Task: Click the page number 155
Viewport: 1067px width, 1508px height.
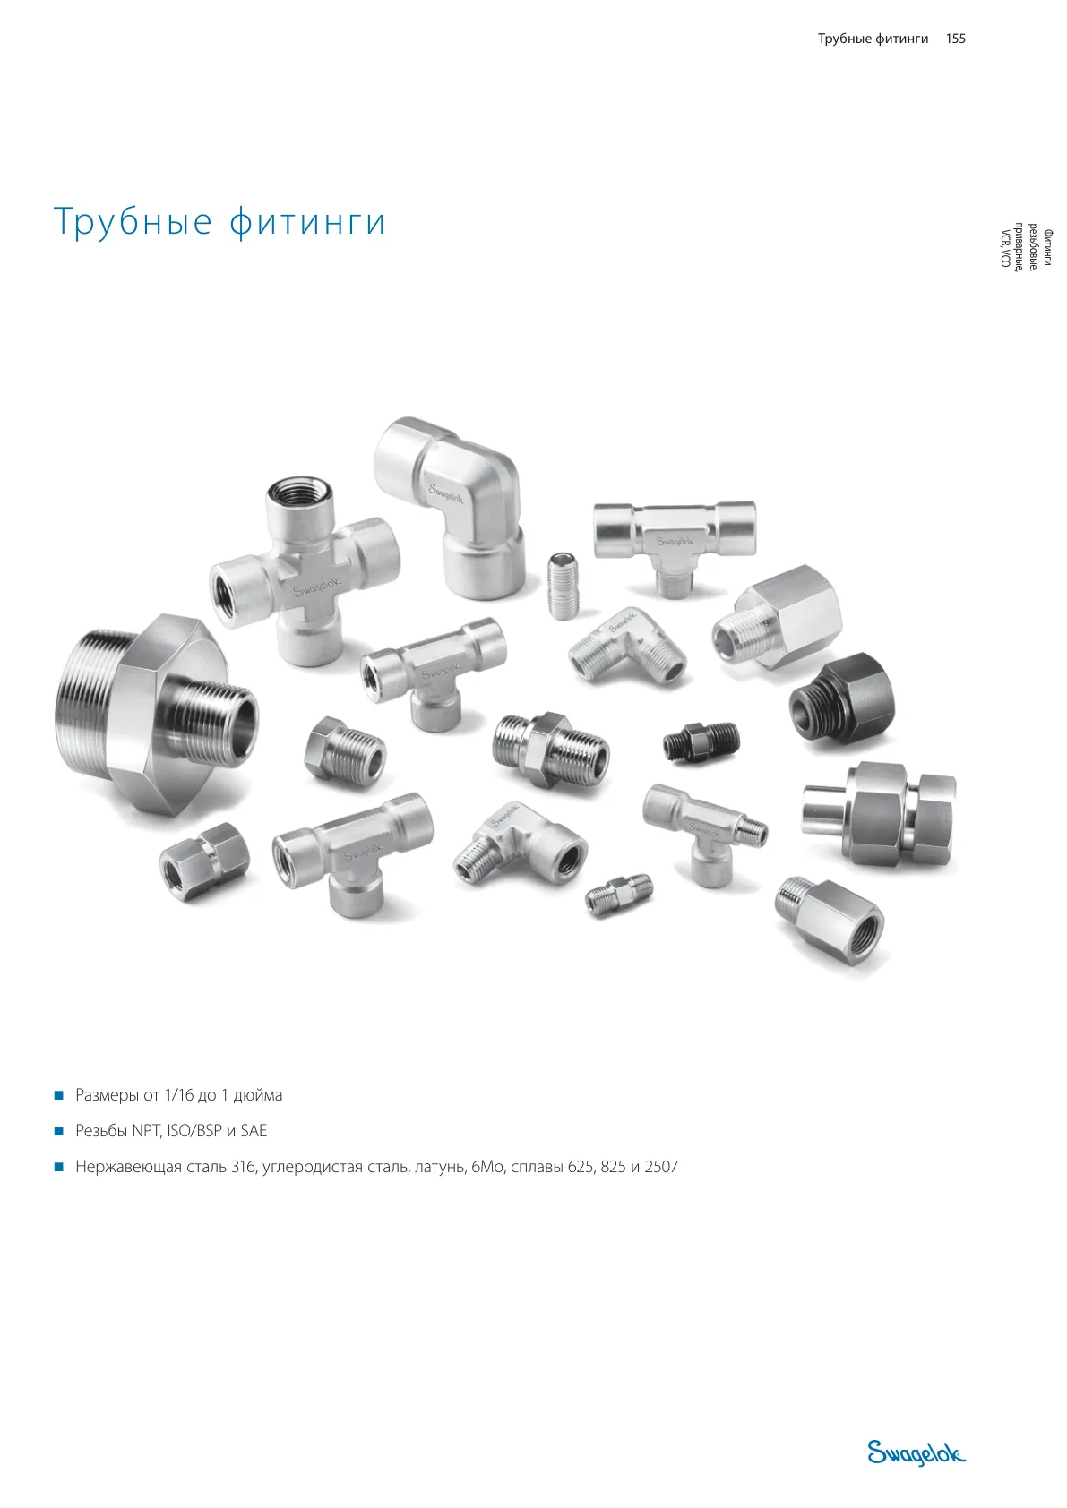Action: [955, 39]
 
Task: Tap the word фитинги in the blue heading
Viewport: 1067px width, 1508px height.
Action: [307, 221]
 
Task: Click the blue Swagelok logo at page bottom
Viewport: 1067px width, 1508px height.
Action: [916, 1452]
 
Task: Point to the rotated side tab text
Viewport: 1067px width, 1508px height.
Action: [1027, 248]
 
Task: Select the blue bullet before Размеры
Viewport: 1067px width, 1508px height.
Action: [58, 1095]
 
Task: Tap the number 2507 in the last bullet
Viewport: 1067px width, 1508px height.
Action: [661, 1166]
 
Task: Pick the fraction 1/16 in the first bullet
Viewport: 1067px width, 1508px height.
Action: [180, 1094]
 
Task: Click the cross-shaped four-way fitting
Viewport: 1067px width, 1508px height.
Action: [305, 572]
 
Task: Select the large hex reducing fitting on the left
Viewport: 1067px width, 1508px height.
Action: [156, 715]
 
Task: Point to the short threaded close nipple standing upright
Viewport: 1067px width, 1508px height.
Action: [563, 585]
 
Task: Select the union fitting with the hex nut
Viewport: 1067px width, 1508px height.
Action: [879, 814]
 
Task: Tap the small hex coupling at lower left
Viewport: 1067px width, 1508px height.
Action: [204, 861]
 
